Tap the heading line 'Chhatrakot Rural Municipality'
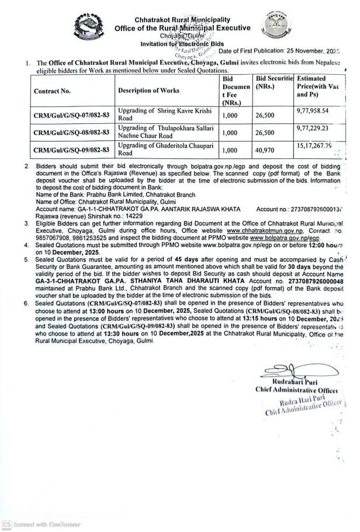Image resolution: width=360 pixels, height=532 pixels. [x=182, y=20]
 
